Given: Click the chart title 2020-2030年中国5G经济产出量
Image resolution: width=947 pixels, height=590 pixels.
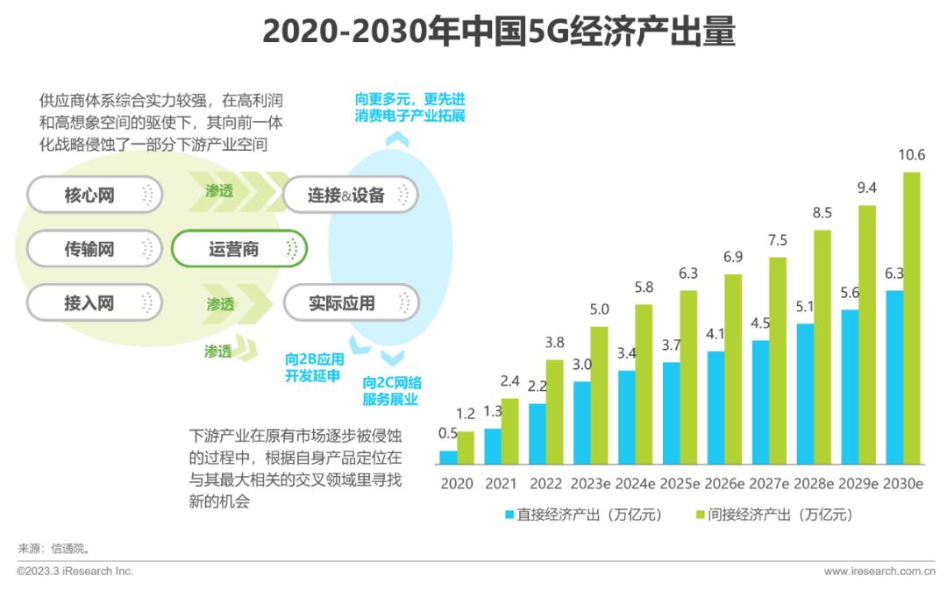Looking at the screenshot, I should (498, 32).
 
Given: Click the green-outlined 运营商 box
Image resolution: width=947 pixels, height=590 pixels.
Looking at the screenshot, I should (239, 249).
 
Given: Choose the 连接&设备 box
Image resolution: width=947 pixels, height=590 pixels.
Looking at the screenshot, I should (351, 195).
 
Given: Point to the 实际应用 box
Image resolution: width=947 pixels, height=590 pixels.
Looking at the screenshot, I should (351, 303).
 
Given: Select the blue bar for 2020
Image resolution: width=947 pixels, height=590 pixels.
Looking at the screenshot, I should (448, 457).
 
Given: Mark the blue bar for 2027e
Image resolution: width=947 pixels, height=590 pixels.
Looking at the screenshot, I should (760, 402).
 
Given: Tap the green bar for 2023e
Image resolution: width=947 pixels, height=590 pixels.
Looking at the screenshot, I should (599, 395).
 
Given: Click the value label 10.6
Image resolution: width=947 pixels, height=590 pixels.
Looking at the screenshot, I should (912, 155).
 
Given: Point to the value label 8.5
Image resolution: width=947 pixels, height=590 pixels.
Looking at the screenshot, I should (822, 213).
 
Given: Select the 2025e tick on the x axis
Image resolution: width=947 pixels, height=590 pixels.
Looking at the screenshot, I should (680, 484).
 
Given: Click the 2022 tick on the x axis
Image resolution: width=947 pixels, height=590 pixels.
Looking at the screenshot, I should (545, 484).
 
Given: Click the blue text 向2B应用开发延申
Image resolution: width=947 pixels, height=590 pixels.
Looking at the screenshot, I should (314, 368).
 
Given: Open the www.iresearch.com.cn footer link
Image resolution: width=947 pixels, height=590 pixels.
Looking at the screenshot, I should (879, 572).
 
